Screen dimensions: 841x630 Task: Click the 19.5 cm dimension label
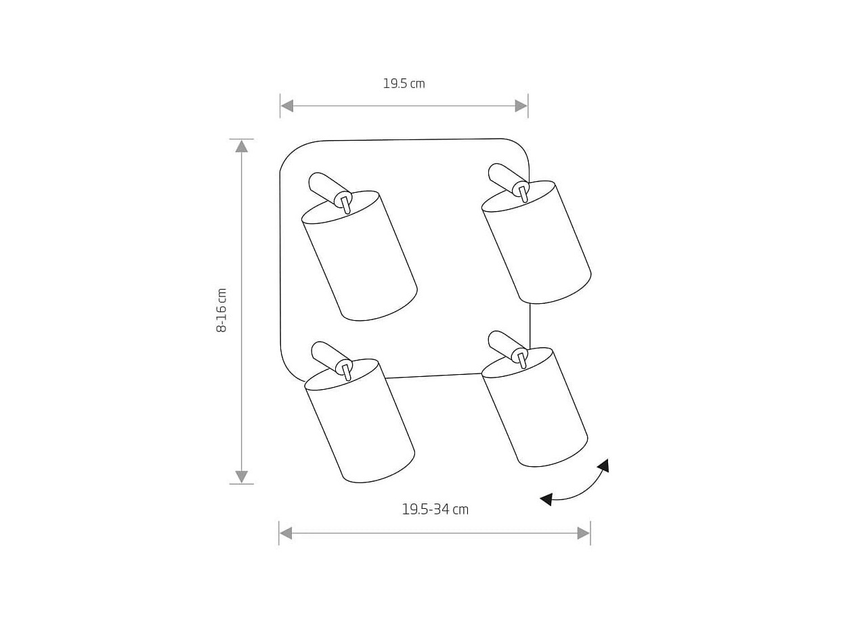click(x=404, y=83)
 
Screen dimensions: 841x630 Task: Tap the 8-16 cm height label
click(x=221, y=310)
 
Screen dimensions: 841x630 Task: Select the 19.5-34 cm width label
click(x=435, y=510)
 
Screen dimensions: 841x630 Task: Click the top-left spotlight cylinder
click(x=360, y=255)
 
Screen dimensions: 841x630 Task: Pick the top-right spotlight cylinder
click(x=536, y=242)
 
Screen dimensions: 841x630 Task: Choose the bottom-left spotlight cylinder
click(x=360, y=421)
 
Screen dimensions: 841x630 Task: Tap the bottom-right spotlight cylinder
click(x=534, y=407)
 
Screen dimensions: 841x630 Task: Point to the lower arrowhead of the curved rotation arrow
click(x=546, y=499)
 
